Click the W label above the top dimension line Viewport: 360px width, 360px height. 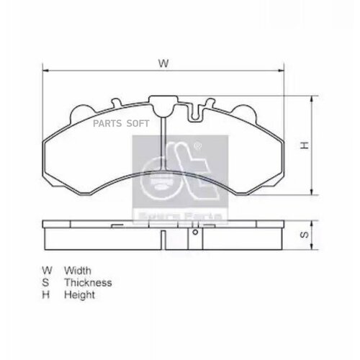pos(163,64)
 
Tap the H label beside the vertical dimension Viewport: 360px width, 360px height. pos(305,145)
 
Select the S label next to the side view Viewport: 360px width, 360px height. pos(305,234)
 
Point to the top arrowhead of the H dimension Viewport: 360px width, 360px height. pos(312,99)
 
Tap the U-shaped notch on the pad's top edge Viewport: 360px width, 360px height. pos(194,110)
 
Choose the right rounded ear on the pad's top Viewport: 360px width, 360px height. pos(247,112)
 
